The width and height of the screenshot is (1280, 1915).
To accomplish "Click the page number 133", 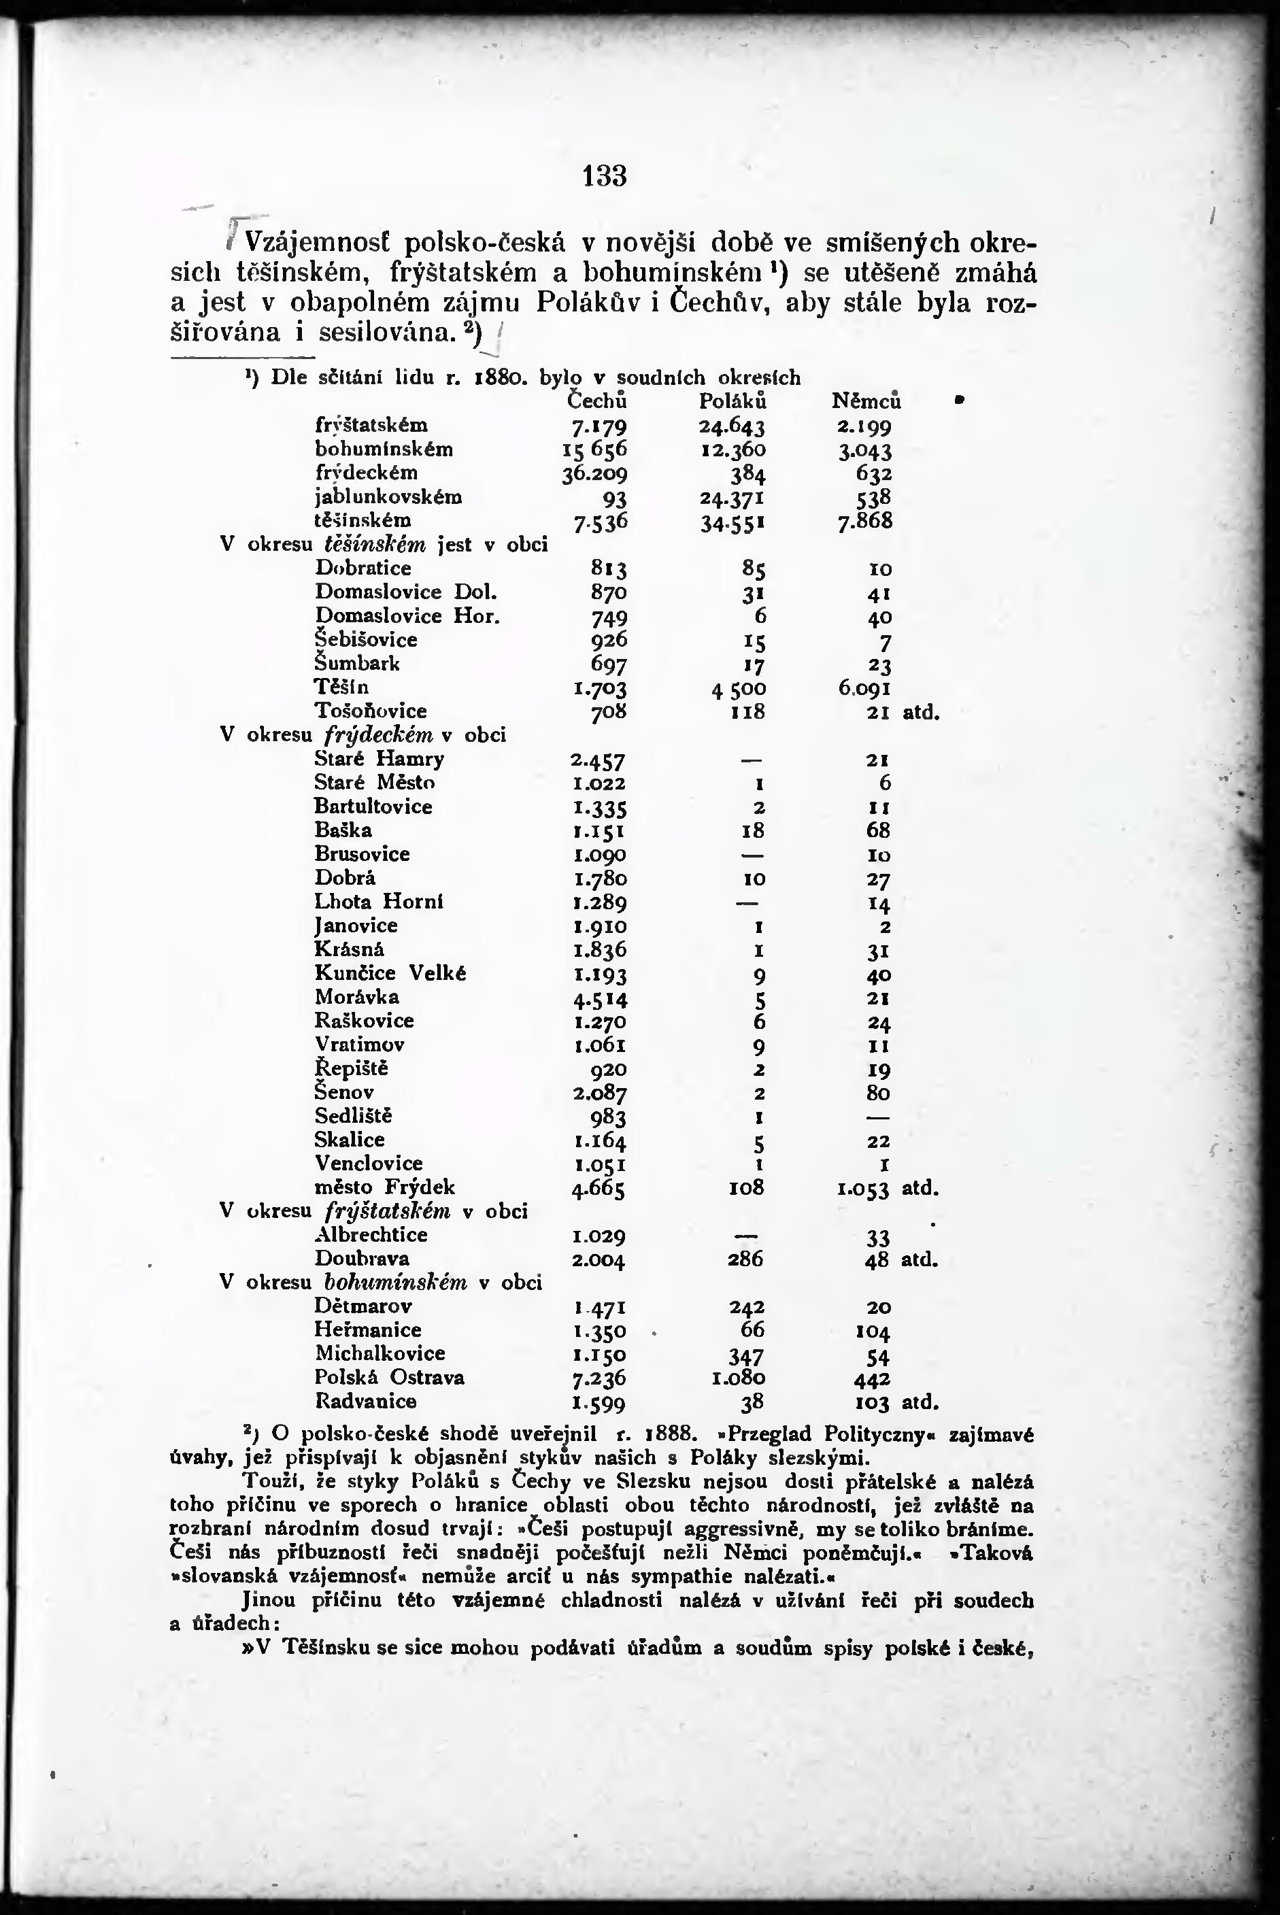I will coord(605,175).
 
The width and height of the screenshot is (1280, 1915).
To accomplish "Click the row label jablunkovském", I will coord(388,496).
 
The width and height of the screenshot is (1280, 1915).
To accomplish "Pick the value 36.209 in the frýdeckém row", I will coord(595,473).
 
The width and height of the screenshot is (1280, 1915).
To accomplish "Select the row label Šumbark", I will coord(358,663).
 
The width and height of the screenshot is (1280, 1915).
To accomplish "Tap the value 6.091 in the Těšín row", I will coord(864,688).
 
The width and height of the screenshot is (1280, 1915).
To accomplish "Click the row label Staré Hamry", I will coord(380,759).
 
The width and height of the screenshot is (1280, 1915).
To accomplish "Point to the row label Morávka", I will coord(358,997).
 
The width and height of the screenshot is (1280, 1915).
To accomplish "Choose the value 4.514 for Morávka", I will coord(599,998).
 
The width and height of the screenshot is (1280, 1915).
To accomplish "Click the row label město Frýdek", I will coord(384,1187).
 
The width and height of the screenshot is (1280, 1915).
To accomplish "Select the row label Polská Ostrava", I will coord(390,1377).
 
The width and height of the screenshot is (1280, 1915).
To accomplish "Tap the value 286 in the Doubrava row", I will coord(745,1259).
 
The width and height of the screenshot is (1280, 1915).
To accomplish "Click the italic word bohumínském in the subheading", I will coord(396,1283).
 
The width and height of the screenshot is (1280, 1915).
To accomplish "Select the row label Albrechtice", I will coord(371,1234).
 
